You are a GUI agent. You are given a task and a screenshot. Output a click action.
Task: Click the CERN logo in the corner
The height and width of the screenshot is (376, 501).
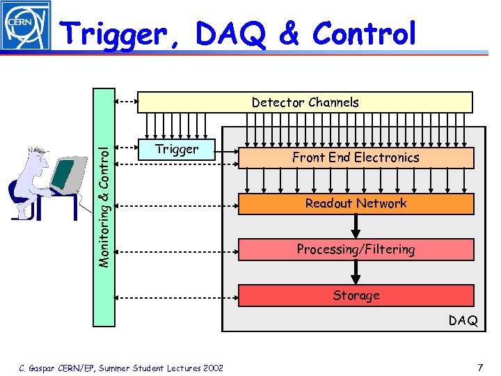[x=26, y=26]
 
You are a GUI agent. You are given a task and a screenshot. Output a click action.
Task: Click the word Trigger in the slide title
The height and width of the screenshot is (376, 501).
[x=116, y=33]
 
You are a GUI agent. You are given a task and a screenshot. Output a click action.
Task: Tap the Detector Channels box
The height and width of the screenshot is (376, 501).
[x=305, y=102]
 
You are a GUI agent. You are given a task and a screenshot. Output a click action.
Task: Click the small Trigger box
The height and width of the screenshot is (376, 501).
[x=177, y=149]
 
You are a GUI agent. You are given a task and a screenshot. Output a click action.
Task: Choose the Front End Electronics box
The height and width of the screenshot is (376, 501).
[x=356, y=157]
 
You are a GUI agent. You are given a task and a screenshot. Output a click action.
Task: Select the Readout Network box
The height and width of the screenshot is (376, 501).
[x=356, y=203]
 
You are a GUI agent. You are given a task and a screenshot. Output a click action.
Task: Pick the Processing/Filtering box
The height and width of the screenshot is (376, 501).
[x=356, y=249]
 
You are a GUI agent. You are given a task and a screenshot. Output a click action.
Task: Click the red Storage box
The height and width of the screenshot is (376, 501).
[x=356, y=295]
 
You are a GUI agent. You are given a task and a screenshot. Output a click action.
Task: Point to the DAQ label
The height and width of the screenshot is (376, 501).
[x=463, y=320]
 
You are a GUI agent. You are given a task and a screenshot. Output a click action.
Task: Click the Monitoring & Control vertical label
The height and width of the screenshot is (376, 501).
[x=104, y=206]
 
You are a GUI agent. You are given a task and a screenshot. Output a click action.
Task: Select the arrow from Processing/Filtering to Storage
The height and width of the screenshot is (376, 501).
[x=356, y=272]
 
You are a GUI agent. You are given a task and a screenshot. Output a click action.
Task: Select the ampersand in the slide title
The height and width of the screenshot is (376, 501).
[x=287, y=33]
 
